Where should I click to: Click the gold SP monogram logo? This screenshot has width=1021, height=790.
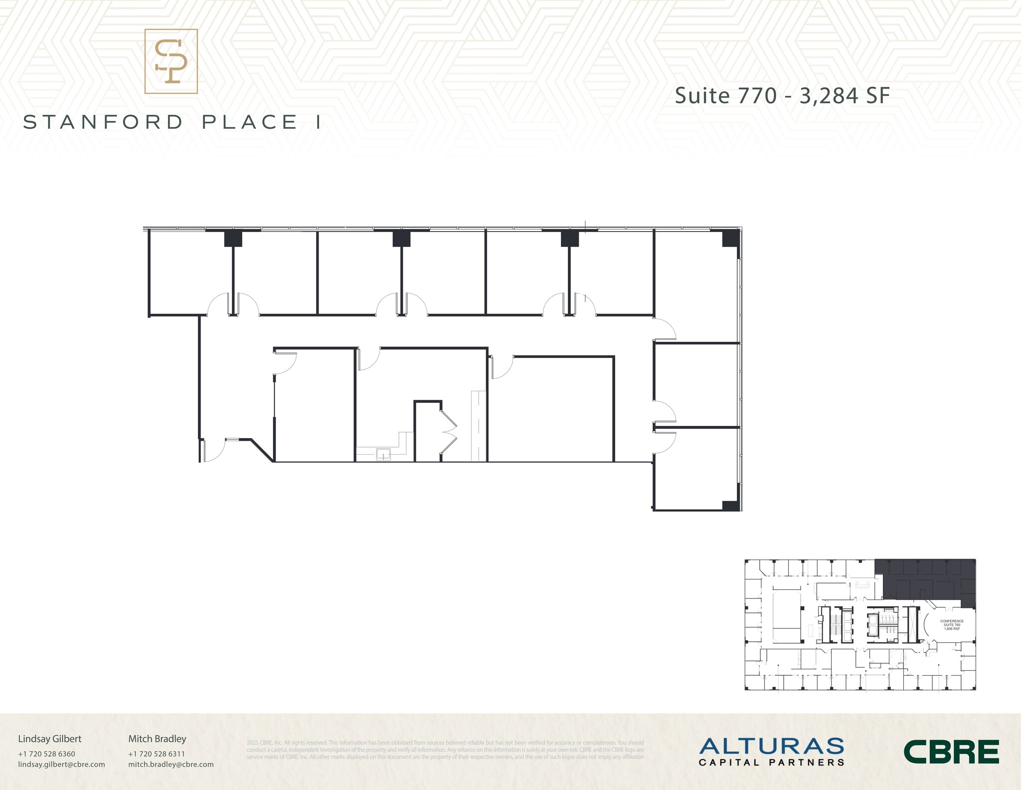tap(171, 61)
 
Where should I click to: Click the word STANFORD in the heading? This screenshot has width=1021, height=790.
tap(104, 122)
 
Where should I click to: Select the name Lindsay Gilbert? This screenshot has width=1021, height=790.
tap(50, 739)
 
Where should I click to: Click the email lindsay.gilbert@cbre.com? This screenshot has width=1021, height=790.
tap(61, 764)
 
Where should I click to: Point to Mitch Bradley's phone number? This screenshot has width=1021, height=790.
tap(157, 754)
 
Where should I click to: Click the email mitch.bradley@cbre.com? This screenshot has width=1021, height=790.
tap(171, 764)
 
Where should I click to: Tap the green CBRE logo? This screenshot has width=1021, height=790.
tap(951, 752)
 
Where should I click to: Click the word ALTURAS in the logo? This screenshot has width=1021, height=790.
tap(771, 746)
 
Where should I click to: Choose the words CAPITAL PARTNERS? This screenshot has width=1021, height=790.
tap(771, 763)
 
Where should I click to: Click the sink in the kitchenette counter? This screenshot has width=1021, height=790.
tap(383, 454)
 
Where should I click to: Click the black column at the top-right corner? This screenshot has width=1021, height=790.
tap(730, 238)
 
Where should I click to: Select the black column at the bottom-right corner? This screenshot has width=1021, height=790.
tap(730, 505)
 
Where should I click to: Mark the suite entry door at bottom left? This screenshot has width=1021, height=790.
tap(213, 450)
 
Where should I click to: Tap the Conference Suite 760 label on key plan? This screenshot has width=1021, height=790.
tap(952, 625)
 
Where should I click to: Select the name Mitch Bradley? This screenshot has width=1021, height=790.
tap(157, 739)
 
